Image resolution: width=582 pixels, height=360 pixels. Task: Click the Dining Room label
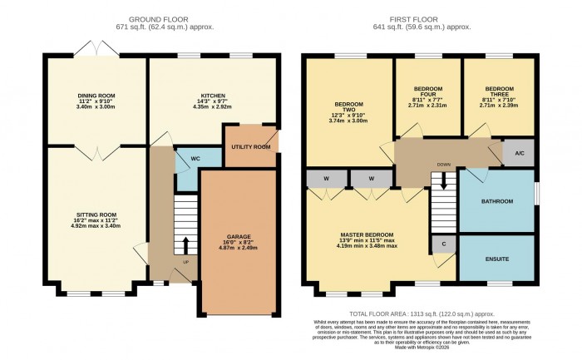[96, 95]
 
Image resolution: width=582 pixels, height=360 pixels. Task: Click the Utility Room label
[250, 147]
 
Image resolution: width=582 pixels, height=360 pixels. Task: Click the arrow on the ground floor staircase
[185, 245]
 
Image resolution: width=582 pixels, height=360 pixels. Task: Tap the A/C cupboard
[519, 153]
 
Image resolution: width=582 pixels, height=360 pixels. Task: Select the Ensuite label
[497, 259]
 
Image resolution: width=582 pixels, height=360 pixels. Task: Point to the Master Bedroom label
[367, 235]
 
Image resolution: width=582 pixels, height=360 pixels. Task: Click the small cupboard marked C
[443, 244]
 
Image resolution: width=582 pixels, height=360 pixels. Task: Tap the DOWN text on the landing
[444, 165]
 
